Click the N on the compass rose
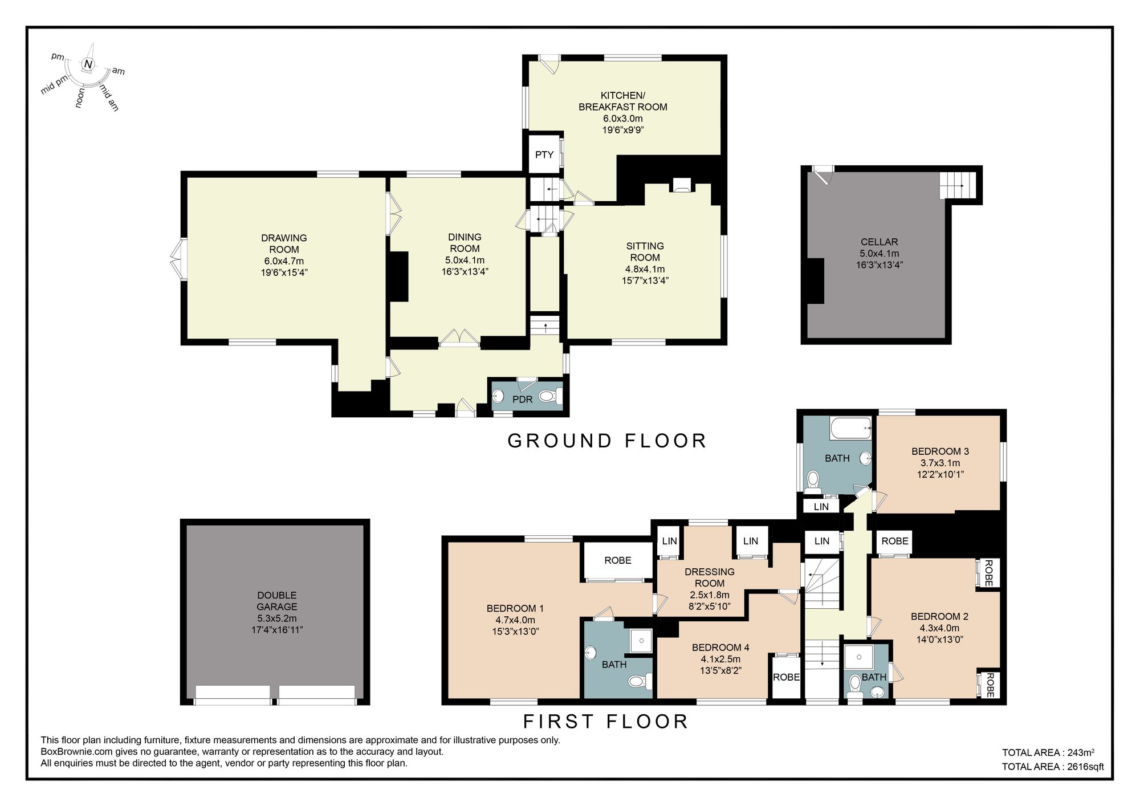(88, 64)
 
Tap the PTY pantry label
(544, 154)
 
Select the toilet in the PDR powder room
(550, 396)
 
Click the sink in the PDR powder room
(498, 396)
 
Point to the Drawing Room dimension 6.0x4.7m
(284, 261)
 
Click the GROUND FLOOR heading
(607, 441)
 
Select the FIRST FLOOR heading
(606, 722)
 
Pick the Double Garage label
(276, 601)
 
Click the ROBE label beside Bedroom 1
(618, 560)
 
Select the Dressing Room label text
(709, 577)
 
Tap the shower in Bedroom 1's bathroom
(641, 641)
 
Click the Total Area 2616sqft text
(1052, 767)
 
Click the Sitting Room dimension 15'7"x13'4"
(645, 280)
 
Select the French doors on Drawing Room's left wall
(177, 259)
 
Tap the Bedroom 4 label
(720, 648)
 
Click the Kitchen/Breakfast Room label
(622, 101)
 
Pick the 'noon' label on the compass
(80, 97)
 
